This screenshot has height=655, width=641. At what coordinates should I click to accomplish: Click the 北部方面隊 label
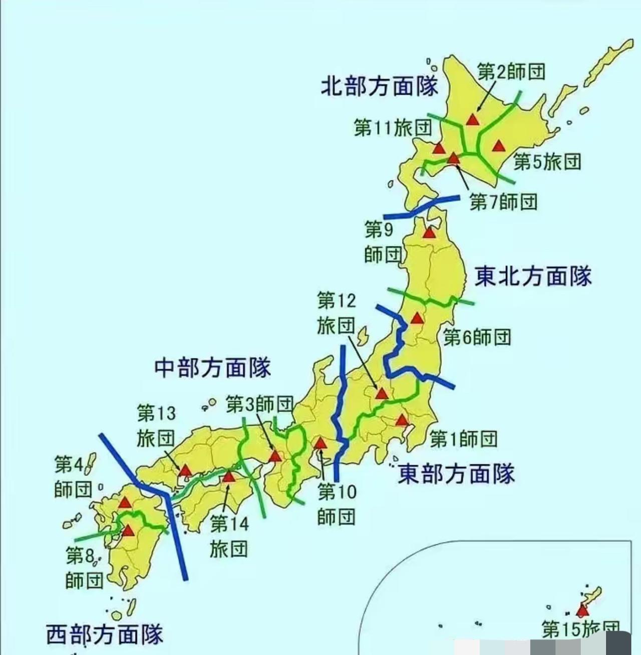tap(379, 87)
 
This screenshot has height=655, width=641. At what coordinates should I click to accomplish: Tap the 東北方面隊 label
tap(533, 276)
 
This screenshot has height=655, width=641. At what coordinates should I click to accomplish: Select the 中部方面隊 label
tap(212, 368)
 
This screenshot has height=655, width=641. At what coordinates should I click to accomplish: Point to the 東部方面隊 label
tap(456, 473)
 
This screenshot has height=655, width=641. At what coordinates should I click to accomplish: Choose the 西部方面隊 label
tap(105, 634)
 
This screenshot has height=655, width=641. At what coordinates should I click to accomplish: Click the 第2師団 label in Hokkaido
tap(511, 72)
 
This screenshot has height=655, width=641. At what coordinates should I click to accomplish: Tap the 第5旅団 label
tap(547, 162)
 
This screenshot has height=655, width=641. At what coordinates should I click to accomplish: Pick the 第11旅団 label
tap(393, 128)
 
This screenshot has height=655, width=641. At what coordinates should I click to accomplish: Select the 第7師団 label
tap(503, 202)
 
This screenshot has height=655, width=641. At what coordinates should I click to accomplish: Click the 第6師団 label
tap(477, 337)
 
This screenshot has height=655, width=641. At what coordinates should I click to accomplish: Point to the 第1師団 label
tap(464, 439)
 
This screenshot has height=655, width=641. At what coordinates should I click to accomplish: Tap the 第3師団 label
tap(259, 404)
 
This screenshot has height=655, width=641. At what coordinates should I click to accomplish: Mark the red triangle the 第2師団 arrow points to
tap(472, 119)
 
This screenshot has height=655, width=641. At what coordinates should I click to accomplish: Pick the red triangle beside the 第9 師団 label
tap(429, 233)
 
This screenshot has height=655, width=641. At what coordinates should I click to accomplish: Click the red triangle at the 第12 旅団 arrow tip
tap(382, 393)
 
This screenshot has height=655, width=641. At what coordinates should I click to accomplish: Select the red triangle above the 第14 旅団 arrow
tap(229, 476)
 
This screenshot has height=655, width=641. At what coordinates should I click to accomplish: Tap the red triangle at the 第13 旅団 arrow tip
tap(185, 470)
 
